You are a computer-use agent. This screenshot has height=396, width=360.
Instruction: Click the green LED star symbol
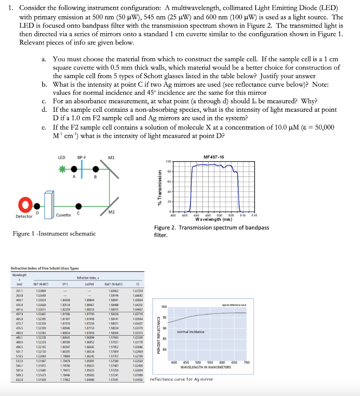[61, 169]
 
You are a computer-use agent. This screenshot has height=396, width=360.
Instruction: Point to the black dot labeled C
[78, 206]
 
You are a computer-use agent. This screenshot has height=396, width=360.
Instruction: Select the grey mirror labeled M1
[112, 169]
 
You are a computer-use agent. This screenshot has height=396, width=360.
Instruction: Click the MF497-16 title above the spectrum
[214, 157]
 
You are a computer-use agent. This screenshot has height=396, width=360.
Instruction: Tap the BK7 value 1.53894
[41, 290]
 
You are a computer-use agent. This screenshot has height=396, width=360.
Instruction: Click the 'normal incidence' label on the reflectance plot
[190, 332]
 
